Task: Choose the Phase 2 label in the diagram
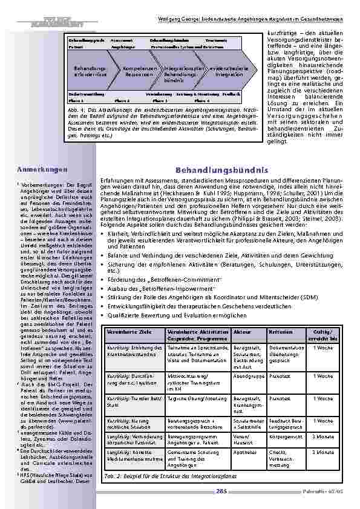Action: coord(123,100)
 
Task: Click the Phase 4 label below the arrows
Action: coord(212,100)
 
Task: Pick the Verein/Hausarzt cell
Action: coord(244,436)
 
